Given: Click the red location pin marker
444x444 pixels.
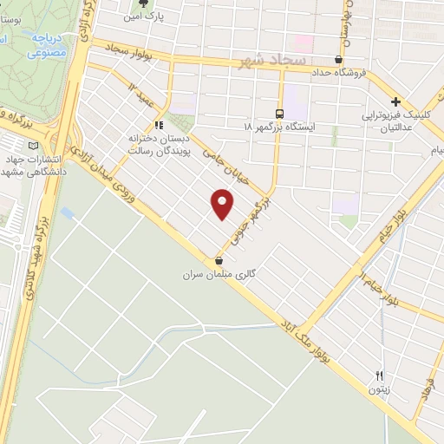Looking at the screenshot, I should (223, 204).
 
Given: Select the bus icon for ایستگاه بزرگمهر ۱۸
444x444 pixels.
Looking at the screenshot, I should (279, 114).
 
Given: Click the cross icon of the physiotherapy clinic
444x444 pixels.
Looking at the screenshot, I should (395, 101).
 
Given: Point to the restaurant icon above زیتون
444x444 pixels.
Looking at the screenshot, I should (378, 375).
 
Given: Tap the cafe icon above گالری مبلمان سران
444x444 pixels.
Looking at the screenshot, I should (219, 260).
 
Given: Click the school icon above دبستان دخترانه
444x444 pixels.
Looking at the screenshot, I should (158, 124).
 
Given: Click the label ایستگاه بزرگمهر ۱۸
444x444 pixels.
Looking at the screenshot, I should (279, 127).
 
